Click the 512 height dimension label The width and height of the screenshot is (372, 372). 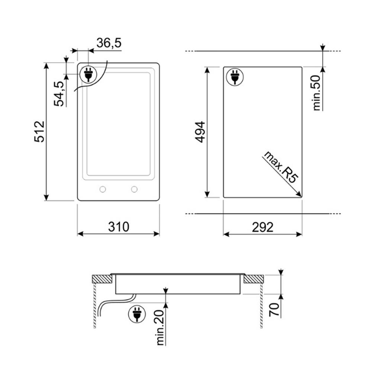click(x=39, y=132)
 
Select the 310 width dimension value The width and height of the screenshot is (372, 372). click(x=119, y=227)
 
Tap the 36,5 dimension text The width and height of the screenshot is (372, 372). click(x=109, y=43)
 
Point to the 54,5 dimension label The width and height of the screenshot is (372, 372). click(x=59, y=94)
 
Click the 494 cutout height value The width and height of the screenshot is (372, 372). click(x=200, y=132)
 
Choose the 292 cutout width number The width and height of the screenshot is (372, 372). click(x=263, y=227)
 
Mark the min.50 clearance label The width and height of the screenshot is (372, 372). click(x=317, y=93)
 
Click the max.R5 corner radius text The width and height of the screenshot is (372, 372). click(x=280, y=167)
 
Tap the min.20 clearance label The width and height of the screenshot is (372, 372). click(x=161, y=327)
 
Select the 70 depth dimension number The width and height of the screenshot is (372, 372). click(x=274, y=310)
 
